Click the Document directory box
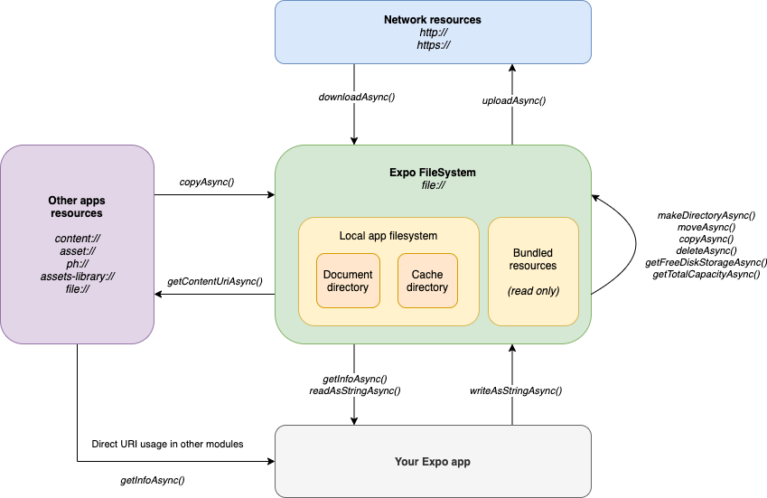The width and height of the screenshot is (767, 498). [x=347, y=281]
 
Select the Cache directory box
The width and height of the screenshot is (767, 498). [x=427, y=281]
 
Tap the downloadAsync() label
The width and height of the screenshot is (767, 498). [x=357, y=97]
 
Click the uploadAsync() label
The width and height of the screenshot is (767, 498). [x=514, y=100]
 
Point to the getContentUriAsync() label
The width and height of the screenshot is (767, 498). [x=215, y=282]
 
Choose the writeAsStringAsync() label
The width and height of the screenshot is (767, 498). [x=516, y=390]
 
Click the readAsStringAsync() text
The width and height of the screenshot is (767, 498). [x=355, y=390]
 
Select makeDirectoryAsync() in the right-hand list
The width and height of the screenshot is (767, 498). [x=706, y=215]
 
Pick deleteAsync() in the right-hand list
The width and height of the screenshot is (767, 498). [x=706, y=250]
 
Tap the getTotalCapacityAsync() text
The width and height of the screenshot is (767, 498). [x=706, y=274]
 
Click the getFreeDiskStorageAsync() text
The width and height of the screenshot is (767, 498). [x=706, y=262]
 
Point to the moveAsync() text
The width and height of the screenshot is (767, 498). [x=706, y=227]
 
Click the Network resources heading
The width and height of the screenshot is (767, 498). [x=433, y=19]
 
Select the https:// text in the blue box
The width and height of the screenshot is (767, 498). [x=433, y=44]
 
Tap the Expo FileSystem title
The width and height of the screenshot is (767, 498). [x=433, y=172]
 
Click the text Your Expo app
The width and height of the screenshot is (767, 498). [x=433, y=462]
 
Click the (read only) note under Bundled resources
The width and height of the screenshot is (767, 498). [x=533, y=291]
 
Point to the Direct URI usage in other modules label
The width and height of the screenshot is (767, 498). [x=167, y=444]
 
